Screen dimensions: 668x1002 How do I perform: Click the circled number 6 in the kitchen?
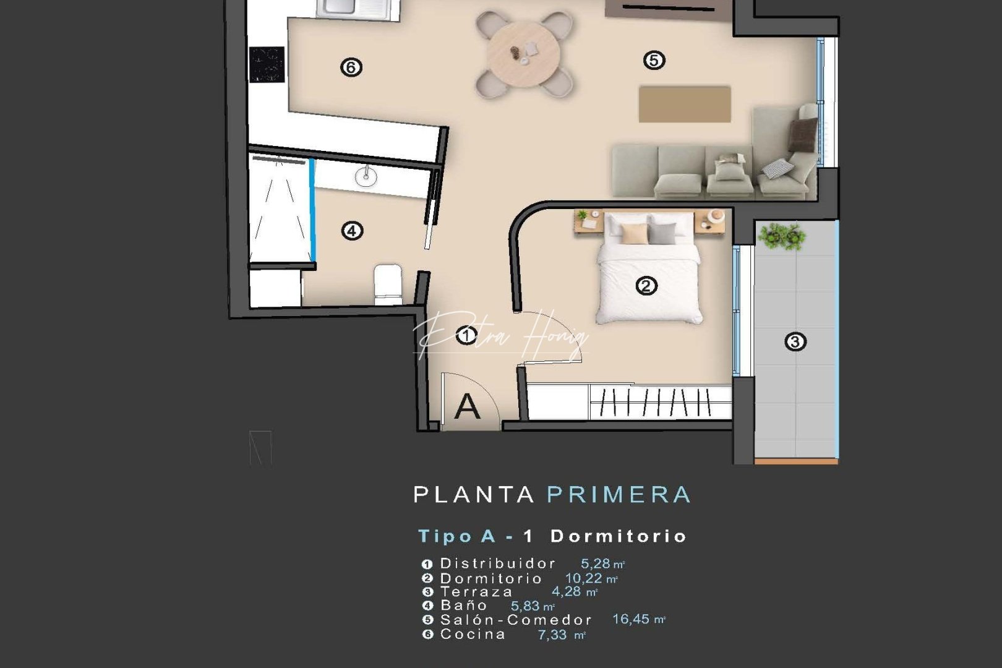tap(351, 67)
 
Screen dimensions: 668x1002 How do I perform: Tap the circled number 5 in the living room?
tap(654, 60)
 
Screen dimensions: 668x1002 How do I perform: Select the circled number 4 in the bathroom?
tap(352, 231)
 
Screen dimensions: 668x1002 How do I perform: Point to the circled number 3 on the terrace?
tap(795, 341)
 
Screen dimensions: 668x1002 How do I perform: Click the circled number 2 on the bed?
tap(646, 286)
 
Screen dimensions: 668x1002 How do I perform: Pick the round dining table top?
tap(523, 53)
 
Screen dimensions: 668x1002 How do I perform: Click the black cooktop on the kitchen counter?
tap(267, 64)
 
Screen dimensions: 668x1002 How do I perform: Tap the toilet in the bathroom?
tap(388, 283)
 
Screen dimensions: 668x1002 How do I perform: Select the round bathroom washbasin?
tap(366, 178)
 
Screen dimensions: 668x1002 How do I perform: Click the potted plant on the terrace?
tap(782, 236)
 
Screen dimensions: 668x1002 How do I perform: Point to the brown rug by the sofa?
tap(685, 104)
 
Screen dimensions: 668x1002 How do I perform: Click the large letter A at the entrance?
tap(467, 406)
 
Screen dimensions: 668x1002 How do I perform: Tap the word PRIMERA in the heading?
tap(619, 495)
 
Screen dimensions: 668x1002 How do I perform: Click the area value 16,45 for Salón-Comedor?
tap(631, 619)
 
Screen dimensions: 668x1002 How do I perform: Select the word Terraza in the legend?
tap(476, 592)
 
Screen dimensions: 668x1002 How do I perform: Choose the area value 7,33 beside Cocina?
tap(552, 635)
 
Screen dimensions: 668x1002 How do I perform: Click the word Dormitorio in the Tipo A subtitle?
tap(619, 536)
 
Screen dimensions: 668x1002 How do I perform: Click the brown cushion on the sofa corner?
tap(803, 134)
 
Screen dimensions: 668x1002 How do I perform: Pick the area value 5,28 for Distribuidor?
tap(595, 563)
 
